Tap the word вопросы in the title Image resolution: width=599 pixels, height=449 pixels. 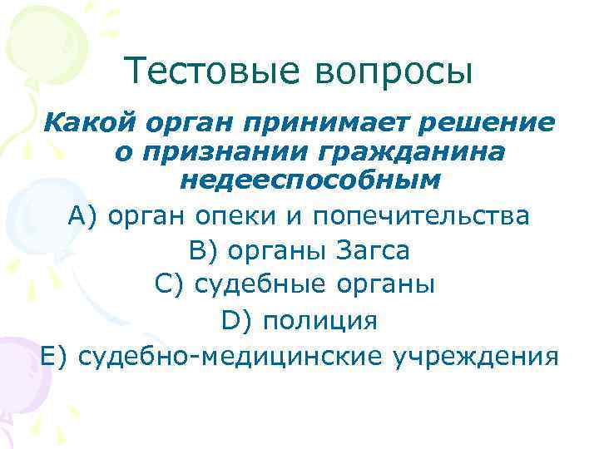394,72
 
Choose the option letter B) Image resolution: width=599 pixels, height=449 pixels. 195,250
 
